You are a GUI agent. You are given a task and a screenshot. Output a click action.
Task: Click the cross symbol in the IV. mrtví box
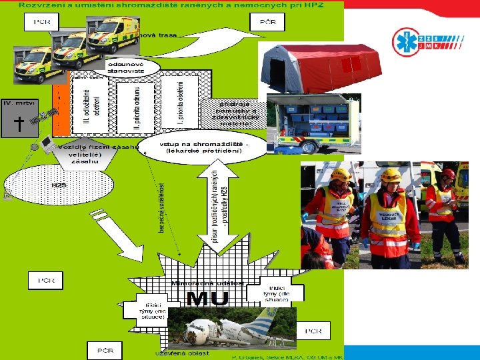[19, 124]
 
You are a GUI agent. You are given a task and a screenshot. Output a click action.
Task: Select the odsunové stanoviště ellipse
[133, 67]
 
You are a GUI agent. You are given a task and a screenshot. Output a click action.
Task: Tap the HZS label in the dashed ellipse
[59, 185]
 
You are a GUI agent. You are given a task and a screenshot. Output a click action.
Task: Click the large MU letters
[207, 299]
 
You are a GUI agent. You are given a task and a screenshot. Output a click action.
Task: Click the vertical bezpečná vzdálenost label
[161, 207]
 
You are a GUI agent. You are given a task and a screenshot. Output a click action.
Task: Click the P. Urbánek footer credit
[287, 357]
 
